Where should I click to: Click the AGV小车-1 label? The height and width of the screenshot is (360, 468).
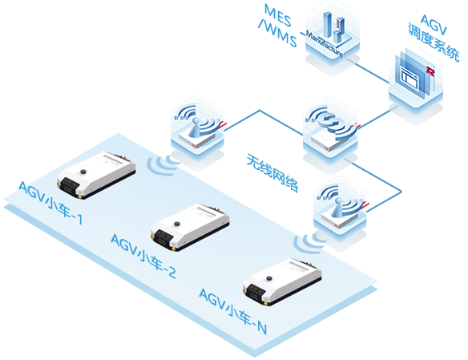(50, 202)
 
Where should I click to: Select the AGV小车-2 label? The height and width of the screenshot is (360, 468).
(143, 256)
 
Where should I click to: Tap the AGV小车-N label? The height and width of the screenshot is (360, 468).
(233, 311)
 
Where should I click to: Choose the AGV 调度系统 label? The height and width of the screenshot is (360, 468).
(434, 38)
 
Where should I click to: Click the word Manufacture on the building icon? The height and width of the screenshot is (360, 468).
(324, 44)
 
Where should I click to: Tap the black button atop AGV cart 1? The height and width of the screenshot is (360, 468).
(83, 172)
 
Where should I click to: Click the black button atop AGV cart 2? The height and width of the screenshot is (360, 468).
(177, 224)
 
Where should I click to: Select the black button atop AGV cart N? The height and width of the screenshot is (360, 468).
(269, 278)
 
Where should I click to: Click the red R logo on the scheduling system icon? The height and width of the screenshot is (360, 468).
(430, 71)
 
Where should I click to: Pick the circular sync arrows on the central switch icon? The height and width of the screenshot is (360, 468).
(329, 121)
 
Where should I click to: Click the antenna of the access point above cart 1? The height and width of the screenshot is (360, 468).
(196, 126)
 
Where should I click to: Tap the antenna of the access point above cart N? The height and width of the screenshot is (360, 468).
(337, 206)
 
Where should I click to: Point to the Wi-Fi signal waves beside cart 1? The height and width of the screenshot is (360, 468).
(163, 165)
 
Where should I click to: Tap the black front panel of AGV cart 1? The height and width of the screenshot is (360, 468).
(69, 186)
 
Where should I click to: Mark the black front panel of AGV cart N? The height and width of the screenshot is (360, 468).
(255, 293)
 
